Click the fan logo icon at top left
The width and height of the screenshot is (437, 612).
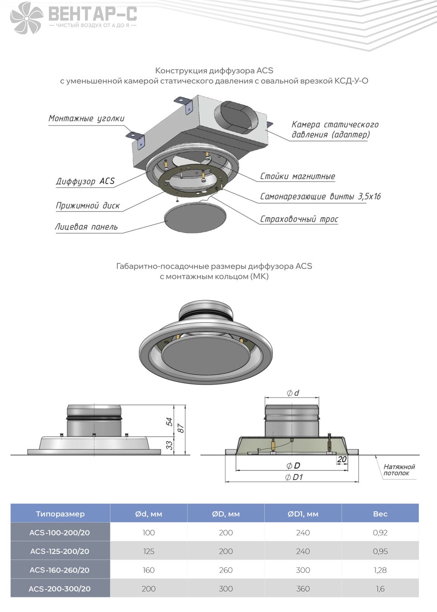(x=27, y=18)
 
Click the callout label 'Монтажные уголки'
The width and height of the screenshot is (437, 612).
(x=86, y=118)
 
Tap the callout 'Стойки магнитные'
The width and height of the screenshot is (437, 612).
(x=298, y=176)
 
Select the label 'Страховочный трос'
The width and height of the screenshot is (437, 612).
(x=299, y=219)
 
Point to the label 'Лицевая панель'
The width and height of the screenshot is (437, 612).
(x=86, y=227)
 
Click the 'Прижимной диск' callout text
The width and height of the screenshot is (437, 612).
(x=87, y=205)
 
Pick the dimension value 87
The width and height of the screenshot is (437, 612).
(x=181, y=428)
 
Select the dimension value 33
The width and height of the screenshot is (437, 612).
(x=169, y=445)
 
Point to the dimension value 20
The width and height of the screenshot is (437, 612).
(x=341, y=459)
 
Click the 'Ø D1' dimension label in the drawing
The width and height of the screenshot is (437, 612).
(x=294, y=477)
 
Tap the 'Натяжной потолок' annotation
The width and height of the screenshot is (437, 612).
(x=399, y=470)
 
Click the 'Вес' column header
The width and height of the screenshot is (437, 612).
(x=380, y=514)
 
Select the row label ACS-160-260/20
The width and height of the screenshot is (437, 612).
(x=59, y=570)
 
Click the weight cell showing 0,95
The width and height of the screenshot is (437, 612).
(x=380, y=551)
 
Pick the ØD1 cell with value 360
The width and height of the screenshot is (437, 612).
(x=303, y=588)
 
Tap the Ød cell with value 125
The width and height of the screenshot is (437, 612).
(x=149, y=551)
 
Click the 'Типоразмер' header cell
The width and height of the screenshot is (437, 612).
(x=60, y=514)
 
